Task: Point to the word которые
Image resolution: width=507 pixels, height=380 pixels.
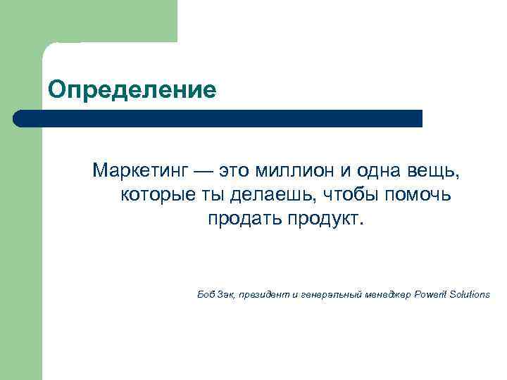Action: pyautogui.click(x=155, y=194)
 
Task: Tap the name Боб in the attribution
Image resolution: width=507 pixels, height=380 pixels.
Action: pyautogui.click(x=206, y=294)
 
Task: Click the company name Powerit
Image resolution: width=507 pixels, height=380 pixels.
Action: pyautogui.click(x=432, y=294)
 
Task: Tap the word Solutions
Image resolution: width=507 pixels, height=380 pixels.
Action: pyautogui.click(x=470, y=294)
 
